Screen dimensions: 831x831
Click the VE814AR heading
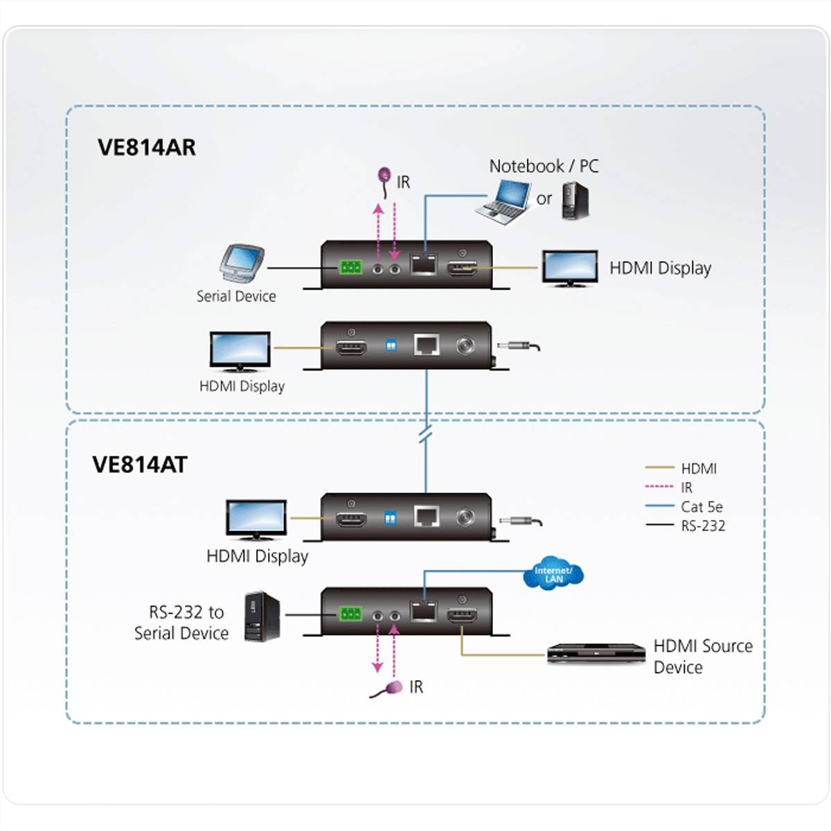tap(146, 148)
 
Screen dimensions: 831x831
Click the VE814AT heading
tap(140, 464)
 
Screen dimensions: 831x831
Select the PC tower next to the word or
tap(575, 201)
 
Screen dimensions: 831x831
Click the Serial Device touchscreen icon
tap(240, 264)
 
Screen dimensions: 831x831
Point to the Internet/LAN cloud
tap(553, 574)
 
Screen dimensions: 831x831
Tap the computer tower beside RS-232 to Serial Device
tap(262, 616)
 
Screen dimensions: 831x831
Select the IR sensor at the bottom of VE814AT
tap(392, 688)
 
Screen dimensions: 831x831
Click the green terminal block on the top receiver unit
tap(350, 267)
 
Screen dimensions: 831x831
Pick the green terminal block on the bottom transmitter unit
tap(350, 614)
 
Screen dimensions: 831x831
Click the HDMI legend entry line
tap(659, 469)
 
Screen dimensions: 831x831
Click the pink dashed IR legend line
tap(659, 488)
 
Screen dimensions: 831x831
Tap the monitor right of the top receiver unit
tap(569, 268)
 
